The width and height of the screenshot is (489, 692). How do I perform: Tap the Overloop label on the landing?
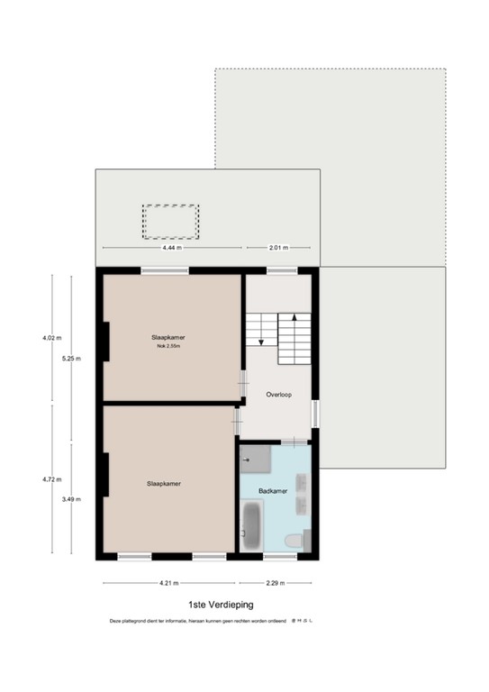pos(276,395)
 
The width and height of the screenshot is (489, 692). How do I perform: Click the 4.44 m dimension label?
pos(170,248)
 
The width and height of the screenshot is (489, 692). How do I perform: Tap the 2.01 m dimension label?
pos(277,248)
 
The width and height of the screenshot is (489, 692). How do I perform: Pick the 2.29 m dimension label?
pos(275,583)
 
